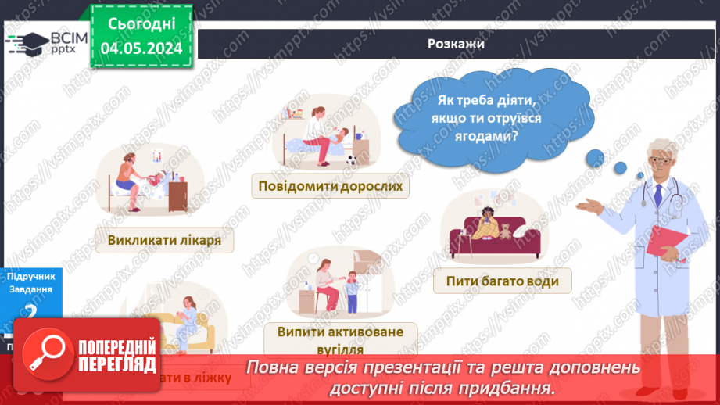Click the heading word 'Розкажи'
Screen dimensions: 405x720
pos(457,44)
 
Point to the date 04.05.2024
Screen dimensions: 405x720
pos(141,48)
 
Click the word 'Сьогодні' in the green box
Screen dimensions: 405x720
pos(141,23)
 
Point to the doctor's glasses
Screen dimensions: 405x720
pos(659,160)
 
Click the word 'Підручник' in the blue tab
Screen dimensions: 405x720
pos(30,276)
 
